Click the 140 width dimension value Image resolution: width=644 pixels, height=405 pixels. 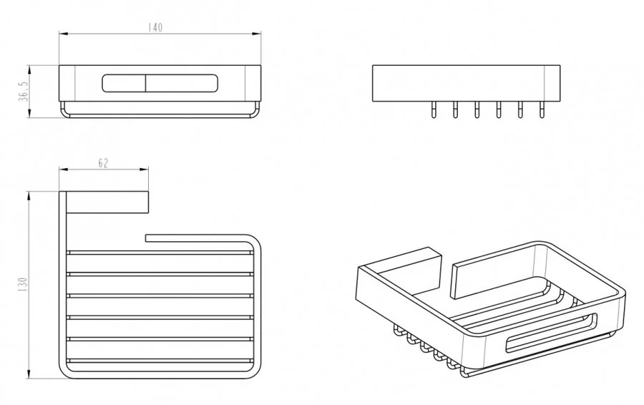(155, 28)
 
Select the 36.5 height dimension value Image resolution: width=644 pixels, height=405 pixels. (23, 92)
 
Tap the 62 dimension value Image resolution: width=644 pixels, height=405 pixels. (102, 163)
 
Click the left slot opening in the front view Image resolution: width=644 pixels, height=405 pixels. (124, 83)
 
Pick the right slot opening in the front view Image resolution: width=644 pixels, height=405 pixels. (180, 83)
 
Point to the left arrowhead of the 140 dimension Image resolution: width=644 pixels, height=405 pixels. (62, 34)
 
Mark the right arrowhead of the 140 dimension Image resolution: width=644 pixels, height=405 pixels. (257, 34)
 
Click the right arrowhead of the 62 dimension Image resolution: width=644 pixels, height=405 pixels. (145, 170)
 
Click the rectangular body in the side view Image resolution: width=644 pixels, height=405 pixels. (466, 83)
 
